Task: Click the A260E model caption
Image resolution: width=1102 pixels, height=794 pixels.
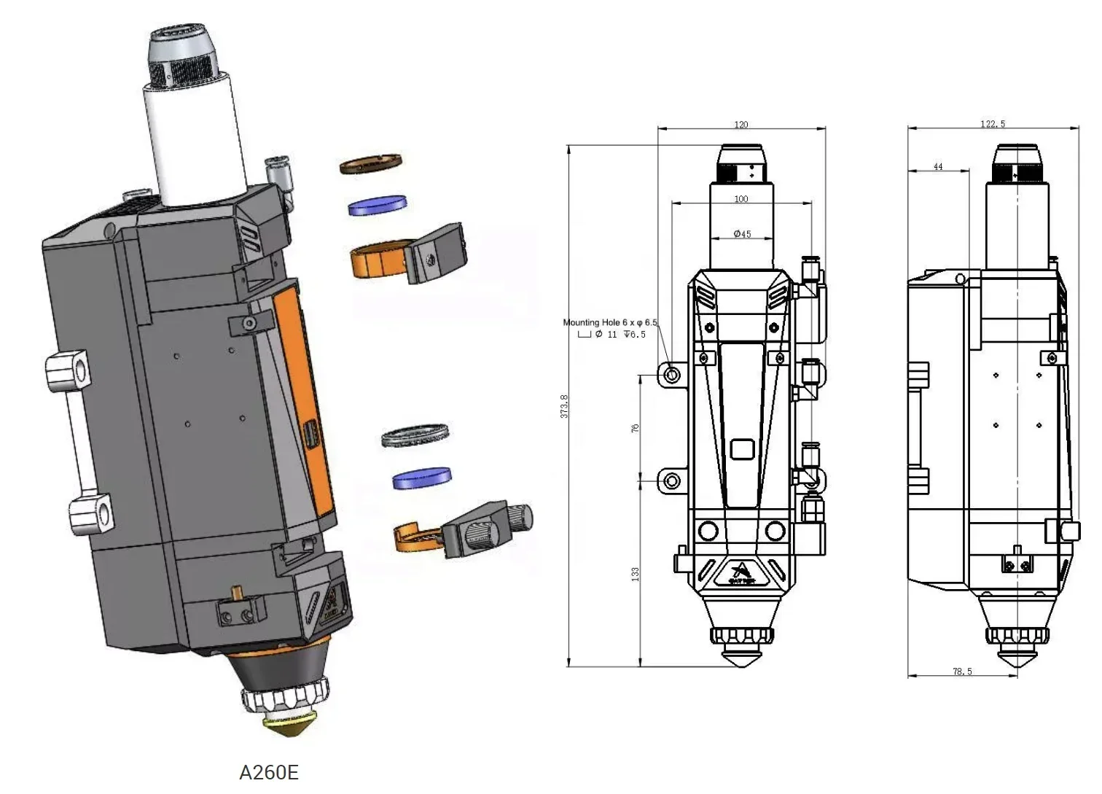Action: tap(269, 772)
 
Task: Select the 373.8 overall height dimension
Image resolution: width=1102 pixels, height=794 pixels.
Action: tap(564, 406)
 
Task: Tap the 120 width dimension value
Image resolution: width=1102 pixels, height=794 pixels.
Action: tap(741, 125)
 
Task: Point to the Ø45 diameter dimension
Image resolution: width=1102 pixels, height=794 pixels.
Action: tap(741, 234)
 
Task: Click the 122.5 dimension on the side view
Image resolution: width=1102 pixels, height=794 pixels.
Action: tap(992, 124)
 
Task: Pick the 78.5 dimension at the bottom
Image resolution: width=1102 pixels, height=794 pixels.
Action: tap(962, 672)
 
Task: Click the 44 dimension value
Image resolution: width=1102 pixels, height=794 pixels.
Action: tap(938, 167)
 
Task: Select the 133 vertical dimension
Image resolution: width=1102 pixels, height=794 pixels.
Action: tap(636, 574)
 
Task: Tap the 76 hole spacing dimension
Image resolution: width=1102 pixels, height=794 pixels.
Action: tap(636, 428)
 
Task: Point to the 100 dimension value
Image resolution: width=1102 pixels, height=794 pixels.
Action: tap(741, 199)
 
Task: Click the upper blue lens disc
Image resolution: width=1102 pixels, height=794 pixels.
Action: tap(377, 205)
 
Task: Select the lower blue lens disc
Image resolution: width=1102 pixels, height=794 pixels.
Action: tap(421, 478)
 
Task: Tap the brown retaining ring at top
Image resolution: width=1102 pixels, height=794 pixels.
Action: tap(371, 163)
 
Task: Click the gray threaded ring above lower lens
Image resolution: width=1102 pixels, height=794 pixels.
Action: tap(415, 435)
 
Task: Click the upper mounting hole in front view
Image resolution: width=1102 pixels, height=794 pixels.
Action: tap(672, 375)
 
